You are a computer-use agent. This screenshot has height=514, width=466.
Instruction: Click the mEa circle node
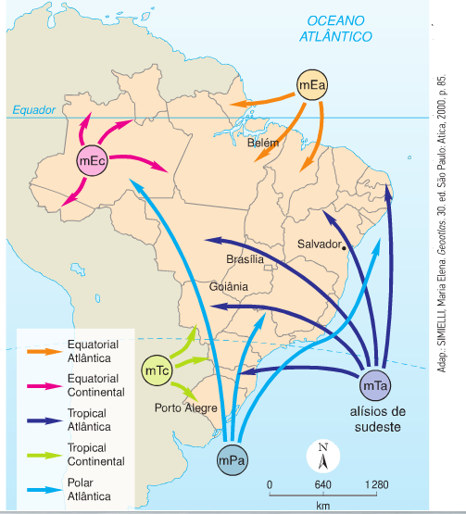point(312,85)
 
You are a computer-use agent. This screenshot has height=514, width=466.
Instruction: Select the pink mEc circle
point(93,160)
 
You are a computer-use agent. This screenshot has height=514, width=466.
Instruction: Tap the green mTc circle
point(157,370)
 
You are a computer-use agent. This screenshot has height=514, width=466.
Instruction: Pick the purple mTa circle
point(375,385)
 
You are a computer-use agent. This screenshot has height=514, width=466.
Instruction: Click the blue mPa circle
point(233,460)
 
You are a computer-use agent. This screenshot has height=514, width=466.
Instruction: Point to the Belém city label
point(263,143)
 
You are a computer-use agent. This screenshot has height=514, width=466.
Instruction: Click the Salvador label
point(320,244)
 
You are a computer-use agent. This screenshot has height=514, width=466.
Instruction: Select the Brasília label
point(245,259)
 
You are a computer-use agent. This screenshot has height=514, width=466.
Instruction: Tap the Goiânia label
point(229,287)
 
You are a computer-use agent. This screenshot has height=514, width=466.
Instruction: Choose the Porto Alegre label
point(186,408)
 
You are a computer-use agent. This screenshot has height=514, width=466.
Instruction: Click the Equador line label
point(34,110)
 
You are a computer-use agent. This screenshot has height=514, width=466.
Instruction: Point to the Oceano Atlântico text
point(335,29)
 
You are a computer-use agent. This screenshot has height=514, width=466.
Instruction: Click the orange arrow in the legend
point(44,351)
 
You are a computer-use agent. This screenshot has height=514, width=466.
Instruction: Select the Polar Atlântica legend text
point(89,489)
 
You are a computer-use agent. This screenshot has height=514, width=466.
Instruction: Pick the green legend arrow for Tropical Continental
point(44,455)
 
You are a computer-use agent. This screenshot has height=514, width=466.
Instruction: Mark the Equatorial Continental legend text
point(96,385)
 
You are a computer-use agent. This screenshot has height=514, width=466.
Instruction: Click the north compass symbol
point(323,456)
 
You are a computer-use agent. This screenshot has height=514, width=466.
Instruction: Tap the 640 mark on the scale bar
point(323,484)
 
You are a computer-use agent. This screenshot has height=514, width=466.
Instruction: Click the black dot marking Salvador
point(344,248)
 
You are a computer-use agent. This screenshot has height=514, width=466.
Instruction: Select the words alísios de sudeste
point(378,420)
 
